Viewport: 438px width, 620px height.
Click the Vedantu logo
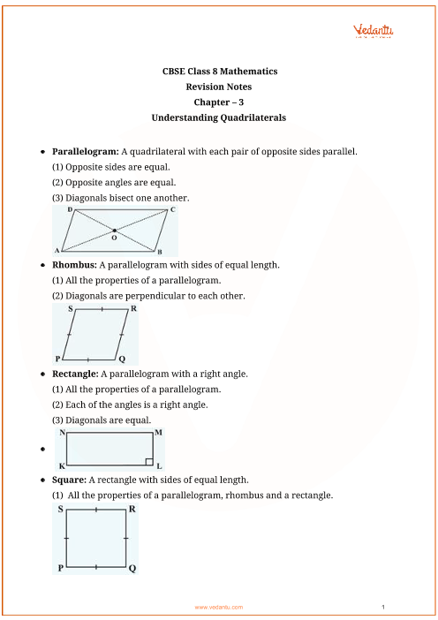[x=374, y=31]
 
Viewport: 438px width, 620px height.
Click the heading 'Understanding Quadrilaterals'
[x=218, y=117]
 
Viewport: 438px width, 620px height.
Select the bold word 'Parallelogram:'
[x=85, y=151]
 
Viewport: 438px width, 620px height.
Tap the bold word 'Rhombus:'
[x=74, y=264]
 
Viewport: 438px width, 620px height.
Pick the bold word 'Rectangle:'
[x=78, y=374]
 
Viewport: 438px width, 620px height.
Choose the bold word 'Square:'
[x=70, y=480]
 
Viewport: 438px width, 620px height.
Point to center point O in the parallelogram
[x=114, y=231]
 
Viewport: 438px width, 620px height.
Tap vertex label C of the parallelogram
[x=172, y=210]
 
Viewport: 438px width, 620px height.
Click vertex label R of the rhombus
[x=133, y=309]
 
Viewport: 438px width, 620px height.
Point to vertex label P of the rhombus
[x=57, y=359]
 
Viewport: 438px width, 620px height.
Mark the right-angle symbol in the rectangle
[x=149, y=461]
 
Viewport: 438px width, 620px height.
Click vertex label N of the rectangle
[x=62, y=433]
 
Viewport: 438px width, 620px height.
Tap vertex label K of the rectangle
[x=62, y=465]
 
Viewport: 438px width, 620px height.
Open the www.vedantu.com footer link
[x=218, y=608]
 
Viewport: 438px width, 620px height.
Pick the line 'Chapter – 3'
[x=218, y=102]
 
